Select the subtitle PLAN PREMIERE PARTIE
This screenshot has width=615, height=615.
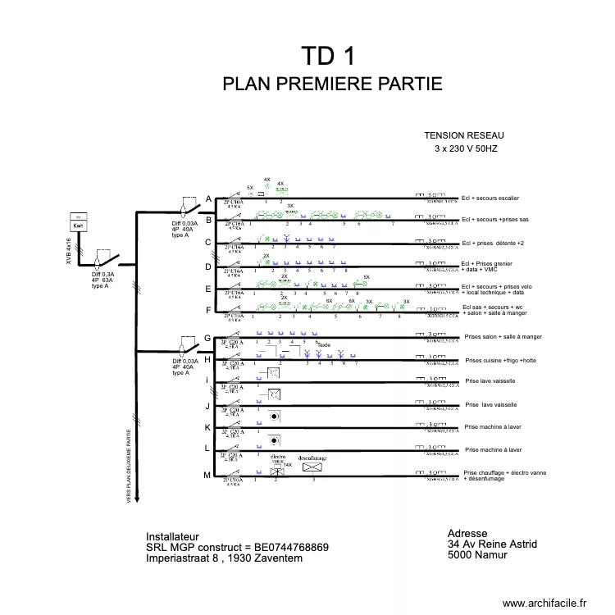pyautogui.click(x=332, y=84)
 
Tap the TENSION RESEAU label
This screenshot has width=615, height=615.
pyautogui.click(x=464, y=135)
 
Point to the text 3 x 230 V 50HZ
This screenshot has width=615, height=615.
pyautogui.click(x=466, y=149)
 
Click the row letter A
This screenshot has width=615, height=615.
pyautogui.click(x=208, y=199)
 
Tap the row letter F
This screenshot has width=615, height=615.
pyautogui.click(x=208, y=310)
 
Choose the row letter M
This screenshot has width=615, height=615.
pyautogui.click(x=208, y=476)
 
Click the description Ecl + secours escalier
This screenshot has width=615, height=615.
pyautogui.click(x=490, y=198)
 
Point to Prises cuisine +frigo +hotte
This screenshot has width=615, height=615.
pyautogui.click(x=501, y=361)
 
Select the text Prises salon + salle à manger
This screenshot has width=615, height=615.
pyautogui.click(x=503, y=337)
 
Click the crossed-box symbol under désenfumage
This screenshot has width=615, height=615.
pyautogui.click(x=312, y=467)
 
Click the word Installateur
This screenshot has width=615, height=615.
pyautogui.click(x=172, y=537)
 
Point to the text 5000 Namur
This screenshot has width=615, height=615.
pyautogui.click(x=477, y=554)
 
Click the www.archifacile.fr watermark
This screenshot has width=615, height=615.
pyautogui.click(x=544, y=603)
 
